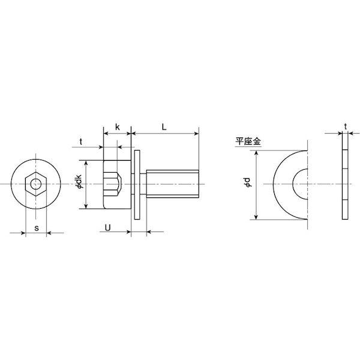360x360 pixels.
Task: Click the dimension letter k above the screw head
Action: point(118,127)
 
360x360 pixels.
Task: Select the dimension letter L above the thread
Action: point(164,127)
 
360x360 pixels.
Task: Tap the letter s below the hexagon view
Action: point(37,228)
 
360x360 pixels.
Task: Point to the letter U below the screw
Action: point(107,227)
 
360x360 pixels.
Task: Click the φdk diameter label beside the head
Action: point(79,182)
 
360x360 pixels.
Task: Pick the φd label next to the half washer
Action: point(248,182)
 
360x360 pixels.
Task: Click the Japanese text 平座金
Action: point(248,141)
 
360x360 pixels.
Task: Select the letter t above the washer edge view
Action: point(346,127)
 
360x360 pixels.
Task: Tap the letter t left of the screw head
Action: point(81,142)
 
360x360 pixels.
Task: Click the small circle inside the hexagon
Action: point(36,184)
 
